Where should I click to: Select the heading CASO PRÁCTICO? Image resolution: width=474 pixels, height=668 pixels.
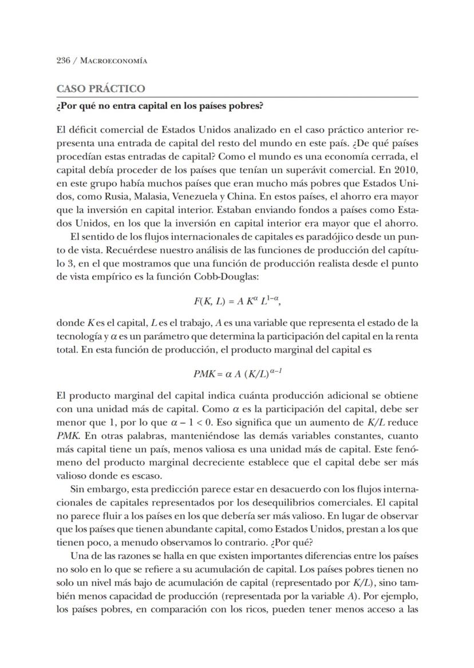100,89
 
